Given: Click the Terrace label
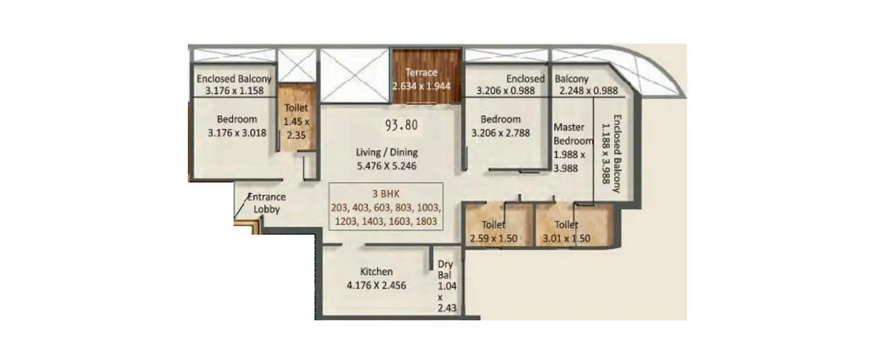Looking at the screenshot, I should pos(421,73).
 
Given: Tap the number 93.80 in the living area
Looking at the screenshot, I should pos(401,125).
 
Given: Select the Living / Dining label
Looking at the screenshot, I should pos(387,153).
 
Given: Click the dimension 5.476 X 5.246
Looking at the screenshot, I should pos(387,165).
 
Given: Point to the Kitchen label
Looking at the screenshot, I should pos(376,272).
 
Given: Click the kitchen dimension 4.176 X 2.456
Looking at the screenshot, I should pos(376,285).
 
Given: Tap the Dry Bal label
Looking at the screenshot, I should pos(445,270).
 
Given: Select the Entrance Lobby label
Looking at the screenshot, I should pos(266,203).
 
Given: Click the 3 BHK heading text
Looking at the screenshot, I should pos(386,194).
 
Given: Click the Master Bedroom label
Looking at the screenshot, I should pos(573,133).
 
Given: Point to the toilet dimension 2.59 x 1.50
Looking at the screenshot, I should pos(494,238).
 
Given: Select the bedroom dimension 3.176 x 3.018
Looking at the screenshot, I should pos(237,132).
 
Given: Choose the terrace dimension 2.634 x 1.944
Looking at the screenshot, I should pos(425,86).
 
